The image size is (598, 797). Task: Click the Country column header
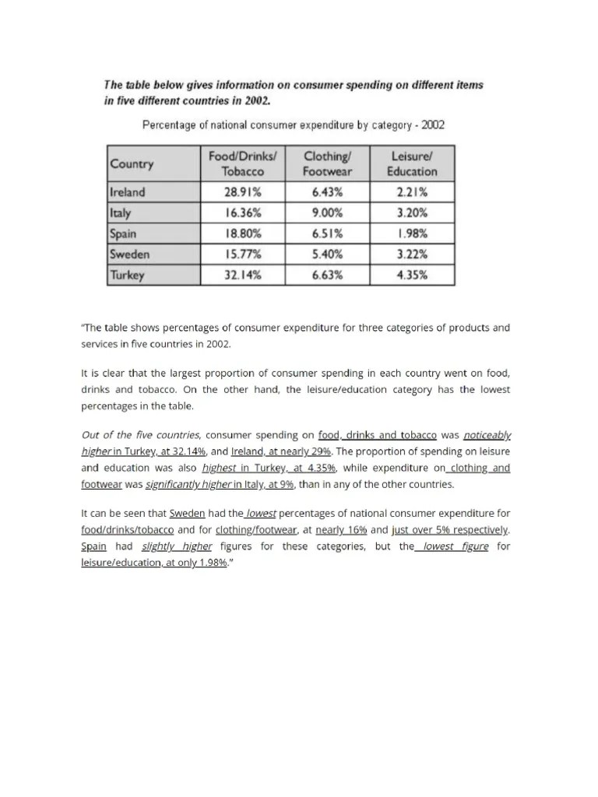pyautogui.click(x=132, y=164)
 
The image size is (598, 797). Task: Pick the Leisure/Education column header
pyautogui.click(x=412, y=163)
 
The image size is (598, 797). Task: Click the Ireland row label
pyautogui.click(x=128, y=191)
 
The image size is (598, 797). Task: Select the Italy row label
pyautogui.click(x=121, y=212)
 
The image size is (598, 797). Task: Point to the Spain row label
pyautogui.click(x=123, y=233)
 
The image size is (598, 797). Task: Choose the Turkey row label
pyautogui.click(x=127, y=275)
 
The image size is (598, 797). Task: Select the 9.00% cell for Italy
pyautogui.click(x=325, y=212)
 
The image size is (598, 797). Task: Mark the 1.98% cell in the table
pyautogui.click(x=412, y=233)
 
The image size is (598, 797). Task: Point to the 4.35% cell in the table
pyautogui.click(x=412, y=275)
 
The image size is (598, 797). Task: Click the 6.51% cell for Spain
pyautogui.click(x=325, y=233)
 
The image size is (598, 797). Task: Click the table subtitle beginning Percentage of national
pyautogui.click(x=293, y=125)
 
